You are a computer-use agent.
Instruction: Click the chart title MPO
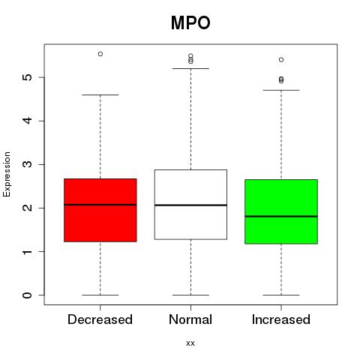click(190, 23)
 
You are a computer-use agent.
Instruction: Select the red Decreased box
click(100, 210)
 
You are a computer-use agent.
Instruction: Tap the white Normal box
click(190, 205)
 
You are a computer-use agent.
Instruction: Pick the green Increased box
click(281, 211)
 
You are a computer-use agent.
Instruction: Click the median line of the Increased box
click(281, 217)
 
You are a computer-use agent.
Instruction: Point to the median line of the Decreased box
click(100, 205)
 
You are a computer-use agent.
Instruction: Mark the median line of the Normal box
click(190, 205)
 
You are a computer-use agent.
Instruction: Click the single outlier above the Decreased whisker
click(100, 54)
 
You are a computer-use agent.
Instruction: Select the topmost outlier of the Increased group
click(281, 60)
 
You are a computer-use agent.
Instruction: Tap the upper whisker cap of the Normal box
click(190, 68)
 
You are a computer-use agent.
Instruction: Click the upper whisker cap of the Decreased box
click(100, 95)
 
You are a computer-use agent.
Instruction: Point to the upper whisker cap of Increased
click(281, 90)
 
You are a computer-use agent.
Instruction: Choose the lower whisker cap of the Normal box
click(190, 295)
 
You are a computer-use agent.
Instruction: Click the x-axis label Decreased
click(100, 319)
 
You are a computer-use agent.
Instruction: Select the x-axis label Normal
click(190, 319)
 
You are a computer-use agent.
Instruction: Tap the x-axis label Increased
click(281, 319)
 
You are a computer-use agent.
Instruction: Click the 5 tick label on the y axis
click(28, 77)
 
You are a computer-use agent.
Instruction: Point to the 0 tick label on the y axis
click(28, 295)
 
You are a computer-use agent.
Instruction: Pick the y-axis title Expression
click(7, 174)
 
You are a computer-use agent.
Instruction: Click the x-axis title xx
click(190, 343)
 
